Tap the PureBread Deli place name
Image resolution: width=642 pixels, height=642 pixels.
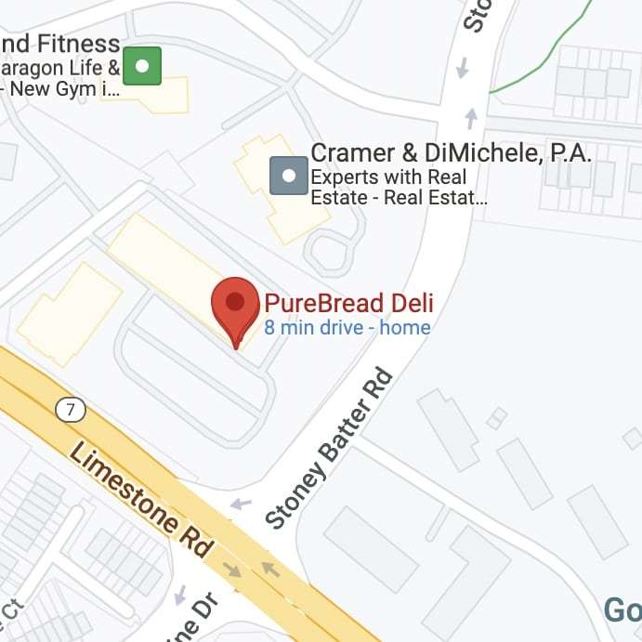pyautogui.click(x=348, y=303)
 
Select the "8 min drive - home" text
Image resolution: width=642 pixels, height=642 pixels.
pyautogui.click(x=347, y=327)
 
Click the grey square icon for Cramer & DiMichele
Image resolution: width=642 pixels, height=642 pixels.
pyautogui.click(x=288, y=175)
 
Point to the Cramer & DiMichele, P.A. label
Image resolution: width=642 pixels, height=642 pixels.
pyautogui.click(x=450, y=153)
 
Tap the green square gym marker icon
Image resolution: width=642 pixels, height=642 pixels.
pyautogui.click(x=142, y=66)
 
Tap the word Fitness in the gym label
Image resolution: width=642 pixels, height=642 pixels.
pyautogui.click(x=79, y=44)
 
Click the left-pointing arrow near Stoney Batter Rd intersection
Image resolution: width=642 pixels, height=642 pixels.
pyautogui.click(x=241, y=504)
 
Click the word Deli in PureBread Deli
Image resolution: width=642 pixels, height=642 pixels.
pyautogui.click(x=409, y=303)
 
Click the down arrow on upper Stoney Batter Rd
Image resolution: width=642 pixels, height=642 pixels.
pyautogui.click(x=462, y=68)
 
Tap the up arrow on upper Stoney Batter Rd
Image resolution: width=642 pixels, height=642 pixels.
pyautogui.click(x=472, y=118)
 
